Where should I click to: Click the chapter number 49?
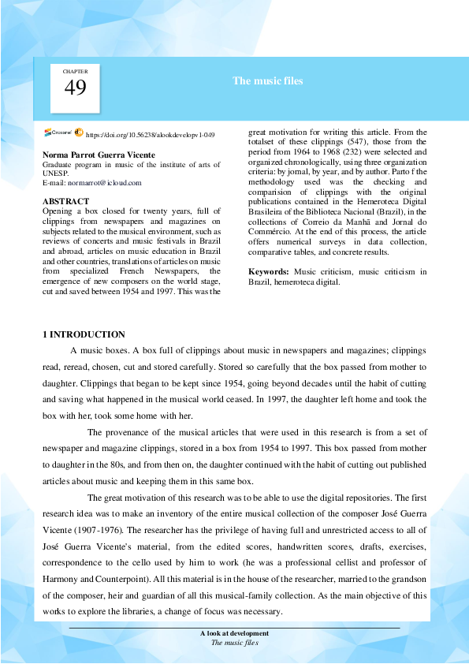(x=75, y=88)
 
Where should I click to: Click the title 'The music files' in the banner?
(x=268, y=81)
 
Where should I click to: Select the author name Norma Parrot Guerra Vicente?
(x=99, y=155)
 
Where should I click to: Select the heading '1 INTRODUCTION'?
(x=83, y=334)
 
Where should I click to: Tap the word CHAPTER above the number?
(x=75, y=72)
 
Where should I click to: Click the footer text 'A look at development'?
(x=234, y=633)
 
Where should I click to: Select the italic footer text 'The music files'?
(x=234, y=642)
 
